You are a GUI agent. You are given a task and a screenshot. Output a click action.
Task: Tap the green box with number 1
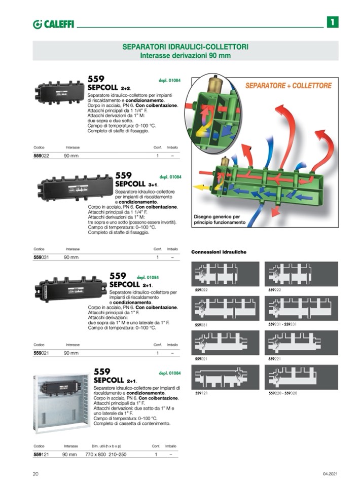click(332, 22)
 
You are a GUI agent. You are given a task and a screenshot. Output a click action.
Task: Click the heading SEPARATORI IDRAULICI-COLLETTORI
click(185, 47)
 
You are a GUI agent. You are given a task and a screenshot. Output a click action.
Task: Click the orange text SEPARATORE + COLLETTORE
click(289, 86)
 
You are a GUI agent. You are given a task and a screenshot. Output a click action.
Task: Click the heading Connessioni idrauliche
click(219, 252)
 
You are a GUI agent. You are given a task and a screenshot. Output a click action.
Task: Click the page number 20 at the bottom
click(35, 474)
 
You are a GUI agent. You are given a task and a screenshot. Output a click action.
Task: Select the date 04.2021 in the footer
click(330, 474)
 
